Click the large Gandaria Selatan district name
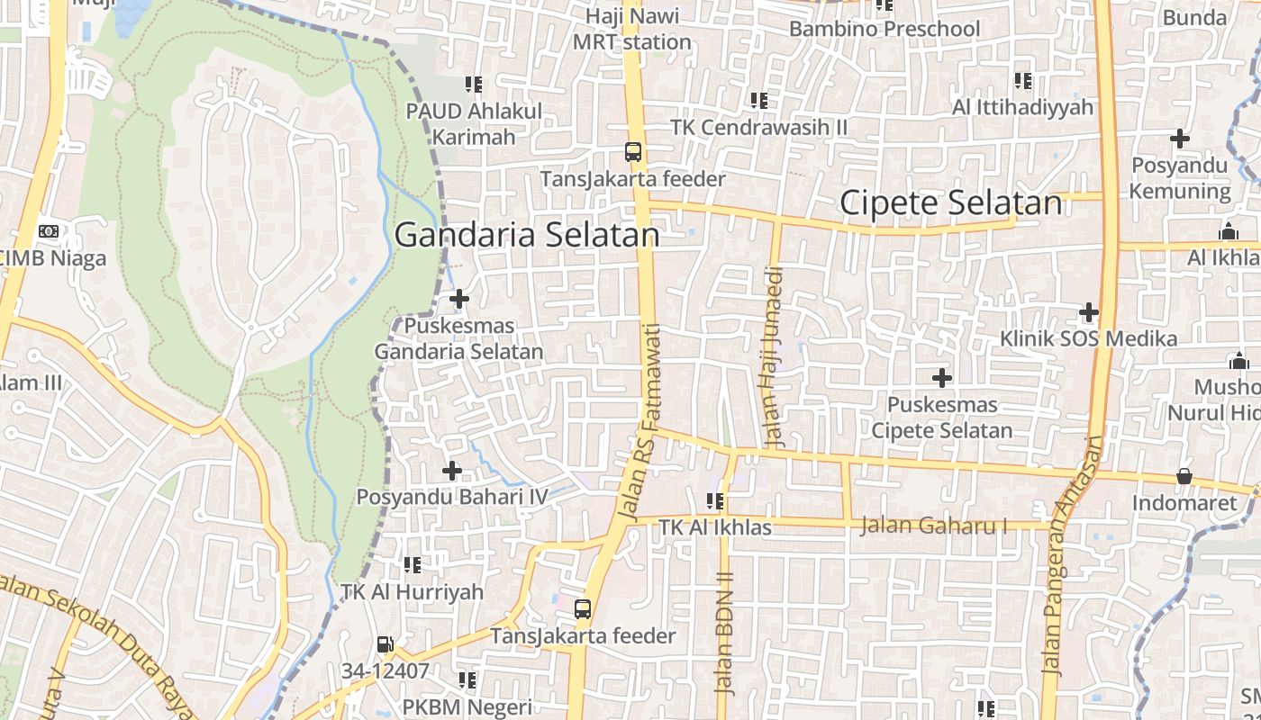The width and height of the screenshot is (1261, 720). pos(527,236)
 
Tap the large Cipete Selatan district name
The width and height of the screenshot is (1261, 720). pos(950,203)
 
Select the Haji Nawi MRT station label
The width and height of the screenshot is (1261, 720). pos(632,29)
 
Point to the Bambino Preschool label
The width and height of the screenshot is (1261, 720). pos(884,29)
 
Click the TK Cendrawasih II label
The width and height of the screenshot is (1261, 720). pos(759,127)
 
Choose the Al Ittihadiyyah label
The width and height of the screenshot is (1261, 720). pos(1022,107)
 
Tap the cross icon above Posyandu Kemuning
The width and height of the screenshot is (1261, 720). pos(1179,139)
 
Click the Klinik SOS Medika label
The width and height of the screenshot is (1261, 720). pos(1088,339)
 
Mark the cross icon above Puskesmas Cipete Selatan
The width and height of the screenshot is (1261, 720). pos(941,378)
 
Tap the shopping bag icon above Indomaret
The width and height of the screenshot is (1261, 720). pos(1184,476)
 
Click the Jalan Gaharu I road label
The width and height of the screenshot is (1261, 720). pos(933,526)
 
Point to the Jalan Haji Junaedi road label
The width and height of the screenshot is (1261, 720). pos(775,357)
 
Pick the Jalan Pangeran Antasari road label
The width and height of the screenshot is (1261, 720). pos(1072,556)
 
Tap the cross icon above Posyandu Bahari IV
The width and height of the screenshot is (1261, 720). pos(451,470)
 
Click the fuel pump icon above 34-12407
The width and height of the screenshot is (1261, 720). pos(385,644)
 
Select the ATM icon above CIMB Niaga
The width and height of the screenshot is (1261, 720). pos(49,231)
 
